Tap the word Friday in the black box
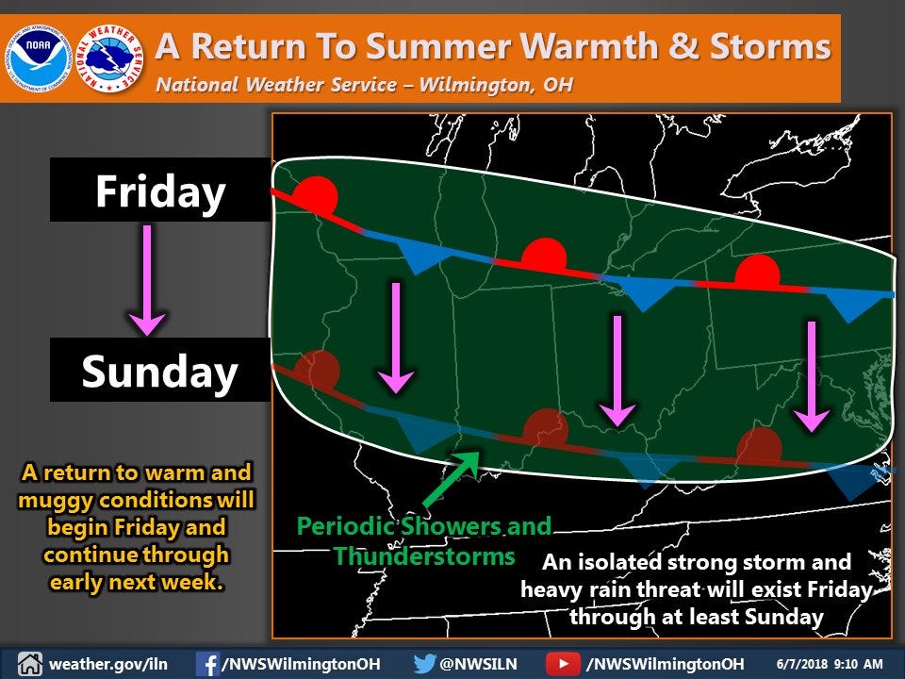[160, 191]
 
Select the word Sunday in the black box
[159, 371]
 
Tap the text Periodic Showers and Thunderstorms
[424, 540]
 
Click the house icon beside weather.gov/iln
[28, 663]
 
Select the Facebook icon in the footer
[207, 663]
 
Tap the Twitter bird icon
[425, 663]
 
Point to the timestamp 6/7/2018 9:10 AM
[831, 663]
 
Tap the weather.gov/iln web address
[108, 663]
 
